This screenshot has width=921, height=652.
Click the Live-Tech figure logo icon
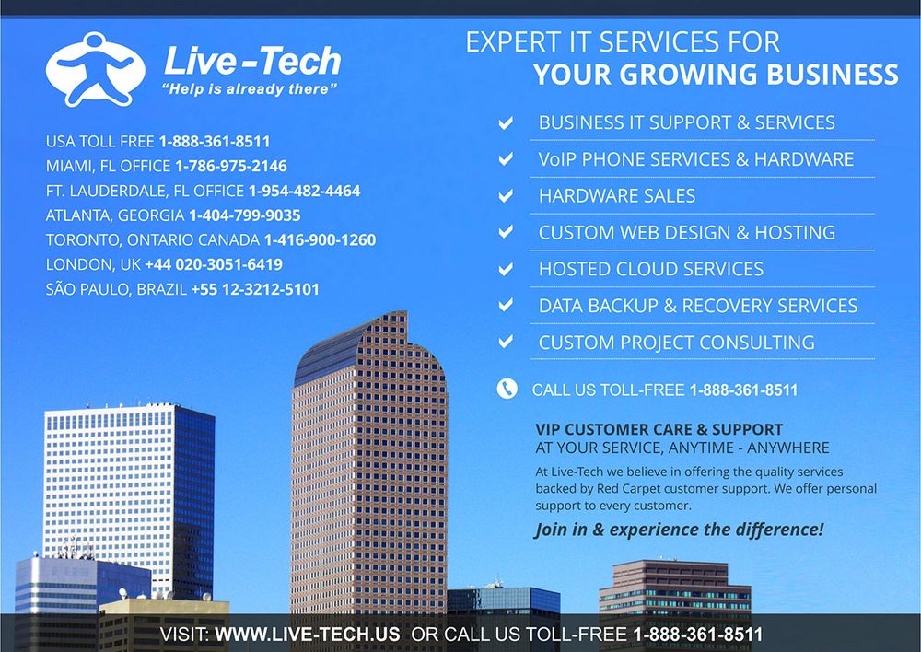[x=95, y=69]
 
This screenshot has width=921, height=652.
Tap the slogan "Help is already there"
[x=250, y=89]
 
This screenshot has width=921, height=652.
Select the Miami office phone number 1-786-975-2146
[x=231, y=167]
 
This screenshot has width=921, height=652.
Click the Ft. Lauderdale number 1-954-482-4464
[x=304, y=191]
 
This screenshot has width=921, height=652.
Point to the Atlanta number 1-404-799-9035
[x=244, y=215]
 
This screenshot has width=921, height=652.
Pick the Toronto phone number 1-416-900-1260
[x=321, y=240]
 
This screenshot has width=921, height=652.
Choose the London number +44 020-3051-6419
[x=214, y=264]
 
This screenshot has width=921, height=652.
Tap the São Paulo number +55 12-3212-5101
[x=255, y=289]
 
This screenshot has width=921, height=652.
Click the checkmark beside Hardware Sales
[x=506, y=195]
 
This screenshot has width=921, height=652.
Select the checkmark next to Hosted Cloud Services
[x=506, y=269]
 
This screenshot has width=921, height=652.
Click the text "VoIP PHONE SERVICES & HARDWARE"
[x=696, y=159]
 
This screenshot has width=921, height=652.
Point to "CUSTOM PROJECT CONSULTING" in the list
[x=677, y=343]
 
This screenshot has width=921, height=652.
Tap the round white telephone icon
[x=507, y=389]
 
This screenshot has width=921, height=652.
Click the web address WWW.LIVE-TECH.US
[x=308, y=635]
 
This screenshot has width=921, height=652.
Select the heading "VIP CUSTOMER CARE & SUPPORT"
[x=659, y=429]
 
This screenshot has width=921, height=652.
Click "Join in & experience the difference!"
[x=679, y=530]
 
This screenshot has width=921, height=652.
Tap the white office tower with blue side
[x=129, y=499]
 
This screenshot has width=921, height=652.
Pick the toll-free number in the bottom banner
[x=698, y=635]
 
